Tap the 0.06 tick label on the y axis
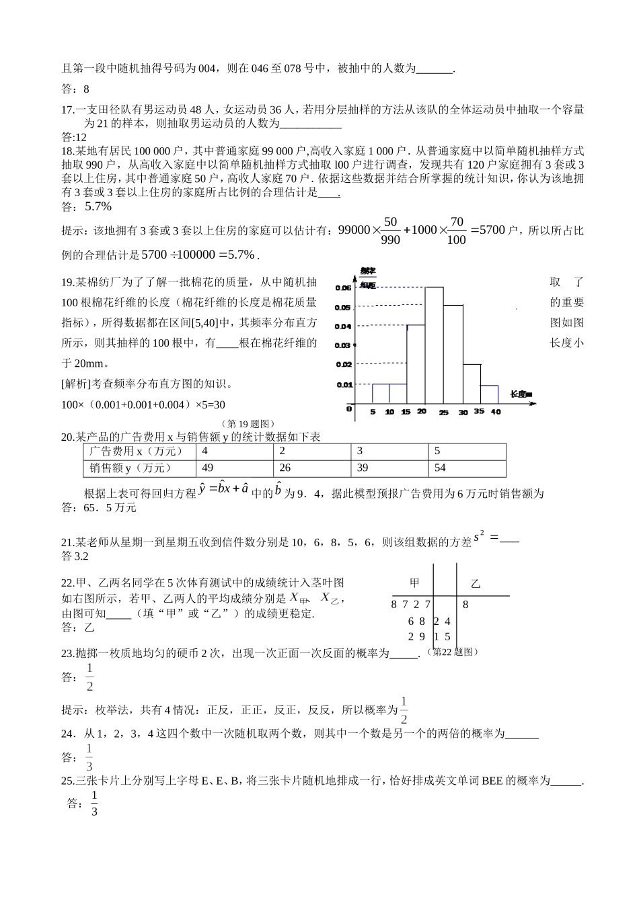342,288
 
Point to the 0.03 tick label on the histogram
342,345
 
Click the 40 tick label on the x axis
496,412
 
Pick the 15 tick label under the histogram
406,412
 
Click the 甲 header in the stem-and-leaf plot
414,583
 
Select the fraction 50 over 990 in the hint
390,230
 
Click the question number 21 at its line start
67,543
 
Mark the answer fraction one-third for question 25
94,804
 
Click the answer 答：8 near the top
75,88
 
